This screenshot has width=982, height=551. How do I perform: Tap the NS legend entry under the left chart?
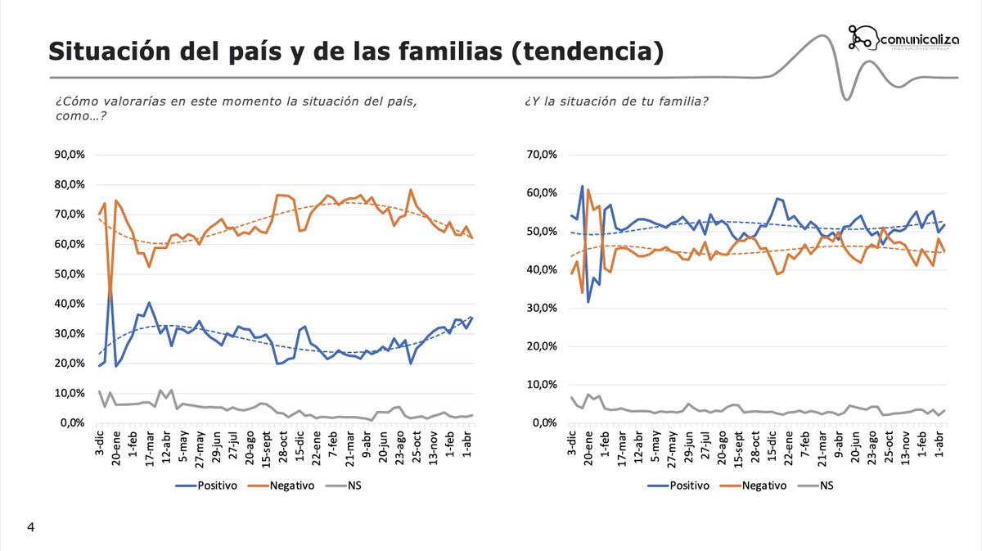pos(344,485)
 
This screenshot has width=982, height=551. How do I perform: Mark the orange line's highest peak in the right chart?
pos(588,190)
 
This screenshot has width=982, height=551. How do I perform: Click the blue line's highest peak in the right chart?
pos(582,186)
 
